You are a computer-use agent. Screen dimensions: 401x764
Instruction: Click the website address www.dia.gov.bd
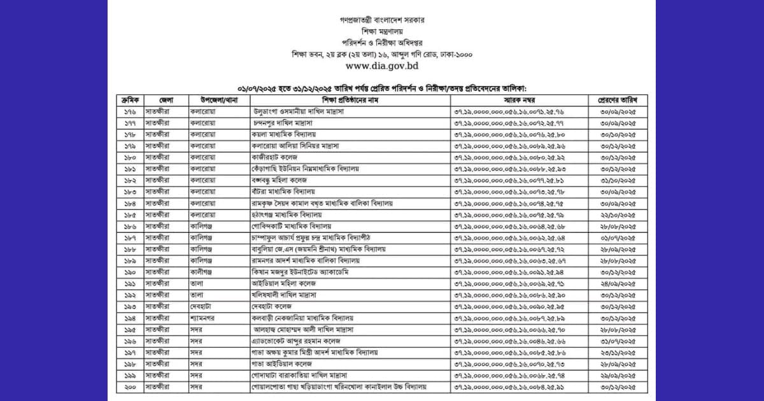[381, 65]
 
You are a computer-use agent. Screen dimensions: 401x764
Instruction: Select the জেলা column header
[166, 101]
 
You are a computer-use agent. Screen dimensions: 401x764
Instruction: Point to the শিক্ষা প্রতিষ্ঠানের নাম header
[350, 101]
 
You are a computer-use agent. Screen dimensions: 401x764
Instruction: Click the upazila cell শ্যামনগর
[204, 318]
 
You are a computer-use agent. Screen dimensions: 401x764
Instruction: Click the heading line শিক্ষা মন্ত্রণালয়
[381, 31]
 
